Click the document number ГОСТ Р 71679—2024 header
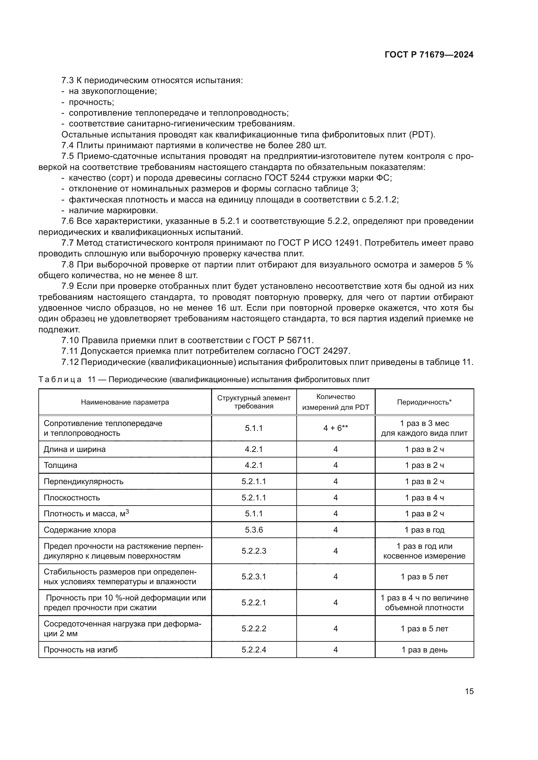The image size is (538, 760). pyautogui.click(x=429, y=55)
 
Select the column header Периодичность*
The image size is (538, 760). pyautogui.click(x=424, y=402)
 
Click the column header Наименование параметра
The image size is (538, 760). pyautogui.click(x=125, y=402)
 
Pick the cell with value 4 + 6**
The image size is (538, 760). pyautogui.click(x=335, y=428)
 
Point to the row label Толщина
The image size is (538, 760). pyautogui.click(x=60, y=465)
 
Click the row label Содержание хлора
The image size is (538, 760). pyautogui.click(x=80, y=530)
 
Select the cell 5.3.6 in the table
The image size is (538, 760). pyautogui.click(x=254, y=530)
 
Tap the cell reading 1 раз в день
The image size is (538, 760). pyautogui.click(x=424, y=650)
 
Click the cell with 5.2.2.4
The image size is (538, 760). pyautogui.click(x=254, y=650)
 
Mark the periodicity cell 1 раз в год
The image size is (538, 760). pyautogui.click(x=424, y=530)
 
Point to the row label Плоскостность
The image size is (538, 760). pyautogui.click(x=72, y=497)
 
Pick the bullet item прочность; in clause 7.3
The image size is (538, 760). pyautogui.click(x=91, y=102)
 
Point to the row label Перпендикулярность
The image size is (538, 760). pyautogui.click(x=84, y=481)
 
